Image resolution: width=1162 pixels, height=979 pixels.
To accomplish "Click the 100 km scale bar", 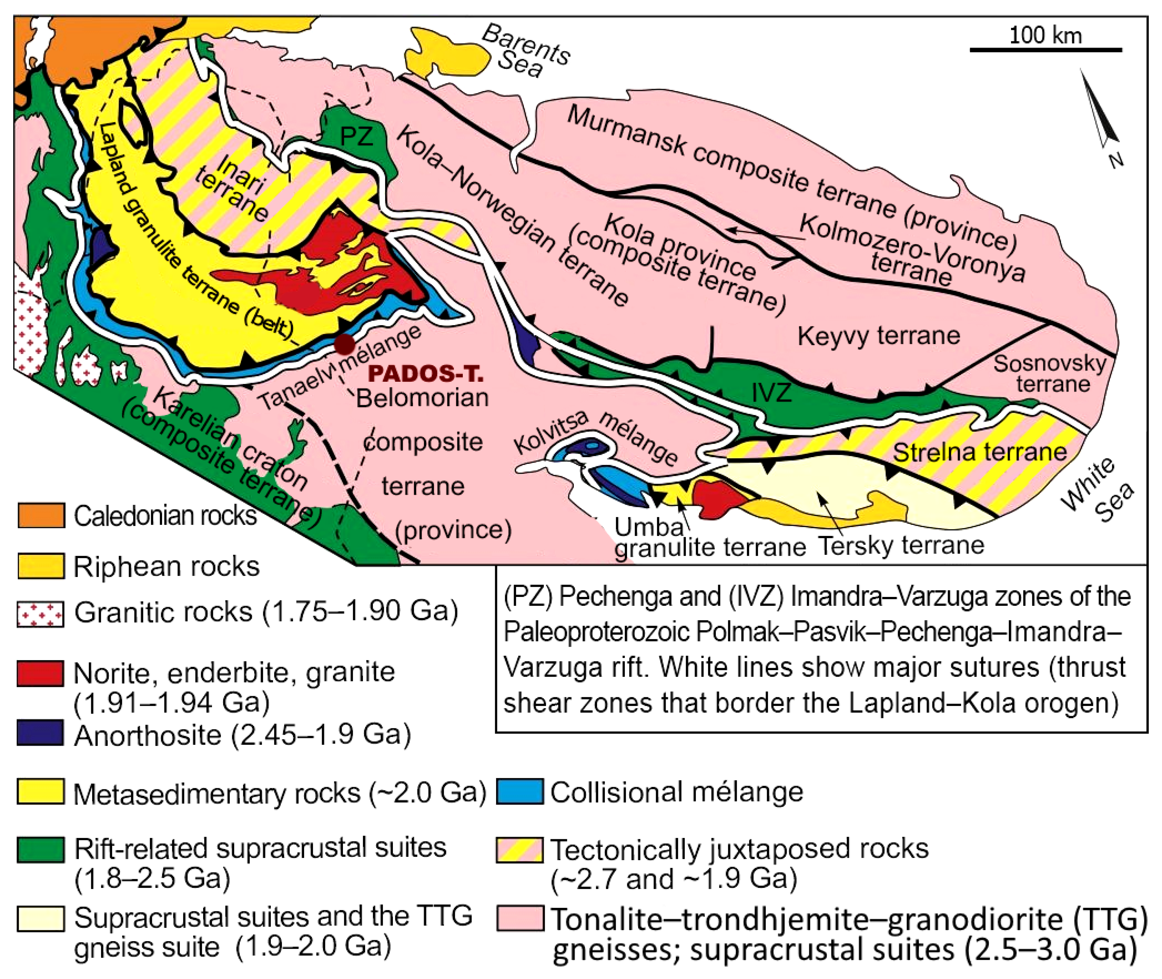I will pyautogui.click(x=1045, y=50).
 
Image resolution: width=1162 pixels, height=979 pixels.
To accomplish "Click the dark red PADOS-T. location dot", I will pyautogui.click(x=345, y=344).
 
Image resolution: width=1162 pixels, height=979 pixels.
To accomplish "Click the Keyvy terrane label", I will pyautogui.click(x=879, y=336).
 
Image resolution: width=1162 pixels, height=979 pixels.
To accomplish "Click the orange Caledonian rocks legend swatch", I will pyautogui.click(x=41, y=515).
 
